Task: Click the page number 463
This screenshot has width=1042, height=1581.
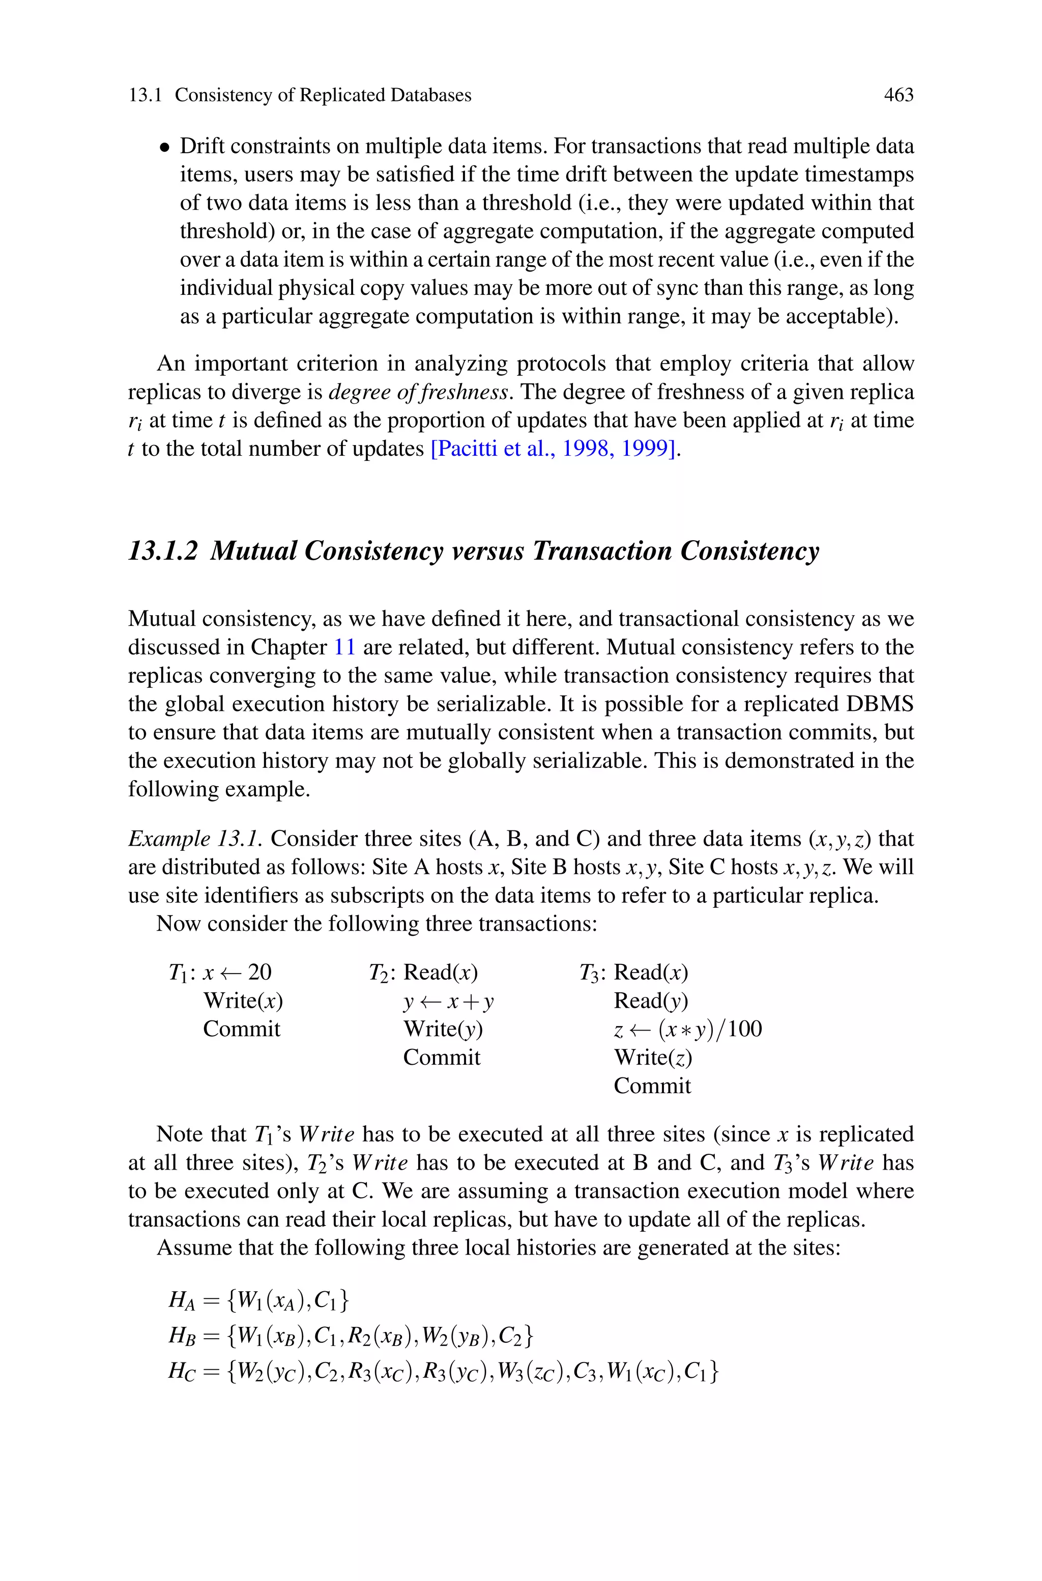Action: tap(899, 95)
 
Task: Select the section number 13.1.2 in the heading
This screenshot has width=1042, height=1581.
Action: tap(163, 551)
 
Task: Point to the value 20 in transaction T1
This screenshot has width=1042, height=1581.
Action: tap(260, 972)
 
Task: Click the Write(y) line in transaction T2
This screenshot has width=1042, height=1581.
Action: tap(443, 1029)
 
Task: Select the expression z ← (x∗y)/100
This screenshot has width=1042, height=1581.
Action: tap(687, 1029)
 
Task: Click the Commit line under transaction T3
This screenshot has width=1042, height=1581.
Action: tap(652, 1086)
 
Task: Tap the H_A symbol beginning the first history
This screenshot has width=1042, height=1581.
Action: tap(182, 1300)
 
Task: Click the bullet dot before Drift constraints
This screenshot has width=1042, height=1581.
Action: tap(164, 148)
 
